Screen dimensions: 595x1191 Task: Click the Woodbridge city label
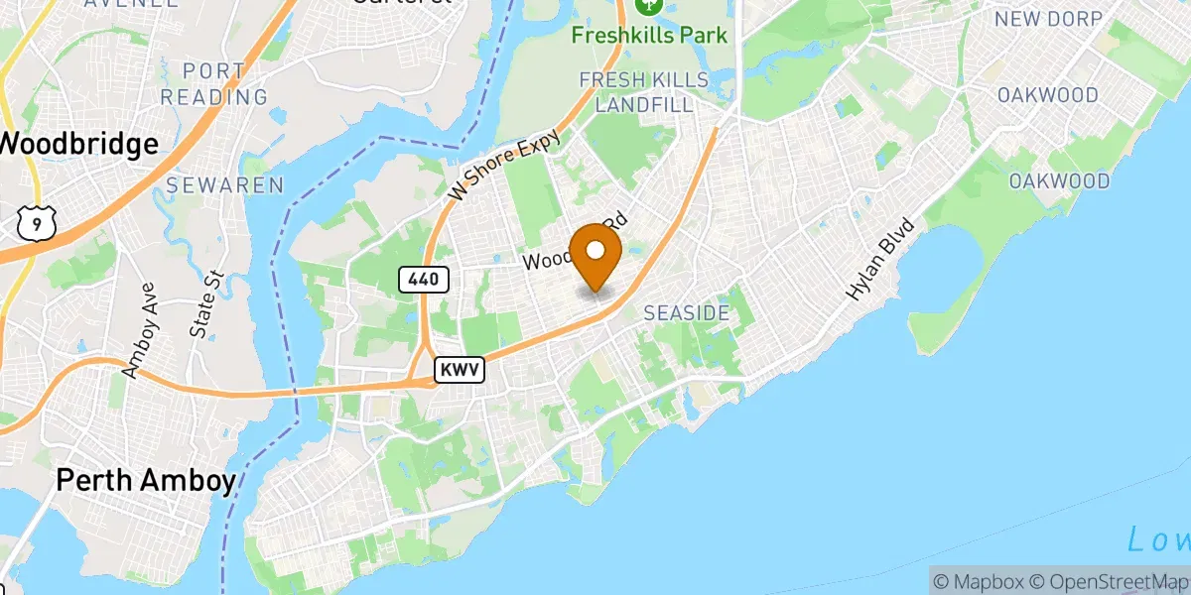click(79, 144)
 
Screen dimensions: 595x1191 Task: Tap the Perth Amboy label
click(146, 482)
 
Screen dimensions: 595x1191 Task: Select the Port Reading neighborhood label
click(214, 84)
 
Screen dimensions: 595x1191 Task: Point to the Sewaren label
click(224, 185)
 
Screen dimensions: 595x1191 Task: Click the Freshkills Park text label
click(650, 36)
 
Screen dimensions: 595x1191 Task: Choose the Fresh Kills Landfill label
click(644, 91)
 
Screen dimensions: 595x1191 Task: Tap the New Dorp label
click(1048, 19)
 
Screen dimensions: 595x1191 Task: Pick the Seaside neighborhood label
click(687, 313)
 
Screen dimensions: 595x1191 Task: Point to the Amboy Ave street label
click(140, 340)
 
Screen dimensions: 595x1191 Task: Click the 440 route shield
click(424, 280)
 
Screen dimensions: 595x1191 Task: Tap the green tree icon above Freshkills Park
click(650, 6)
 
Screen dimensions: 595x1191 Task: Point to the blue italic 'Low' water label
click(1159, 540)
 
